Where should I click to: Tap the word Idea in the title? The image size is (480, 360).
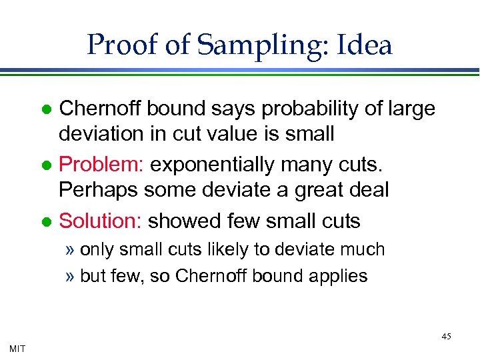[x=365, y=45]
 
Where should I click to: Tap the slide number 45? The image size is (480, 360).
[x=446, y=337]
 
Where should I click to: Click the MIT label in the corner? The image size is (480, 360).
[x=18, y=347]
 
